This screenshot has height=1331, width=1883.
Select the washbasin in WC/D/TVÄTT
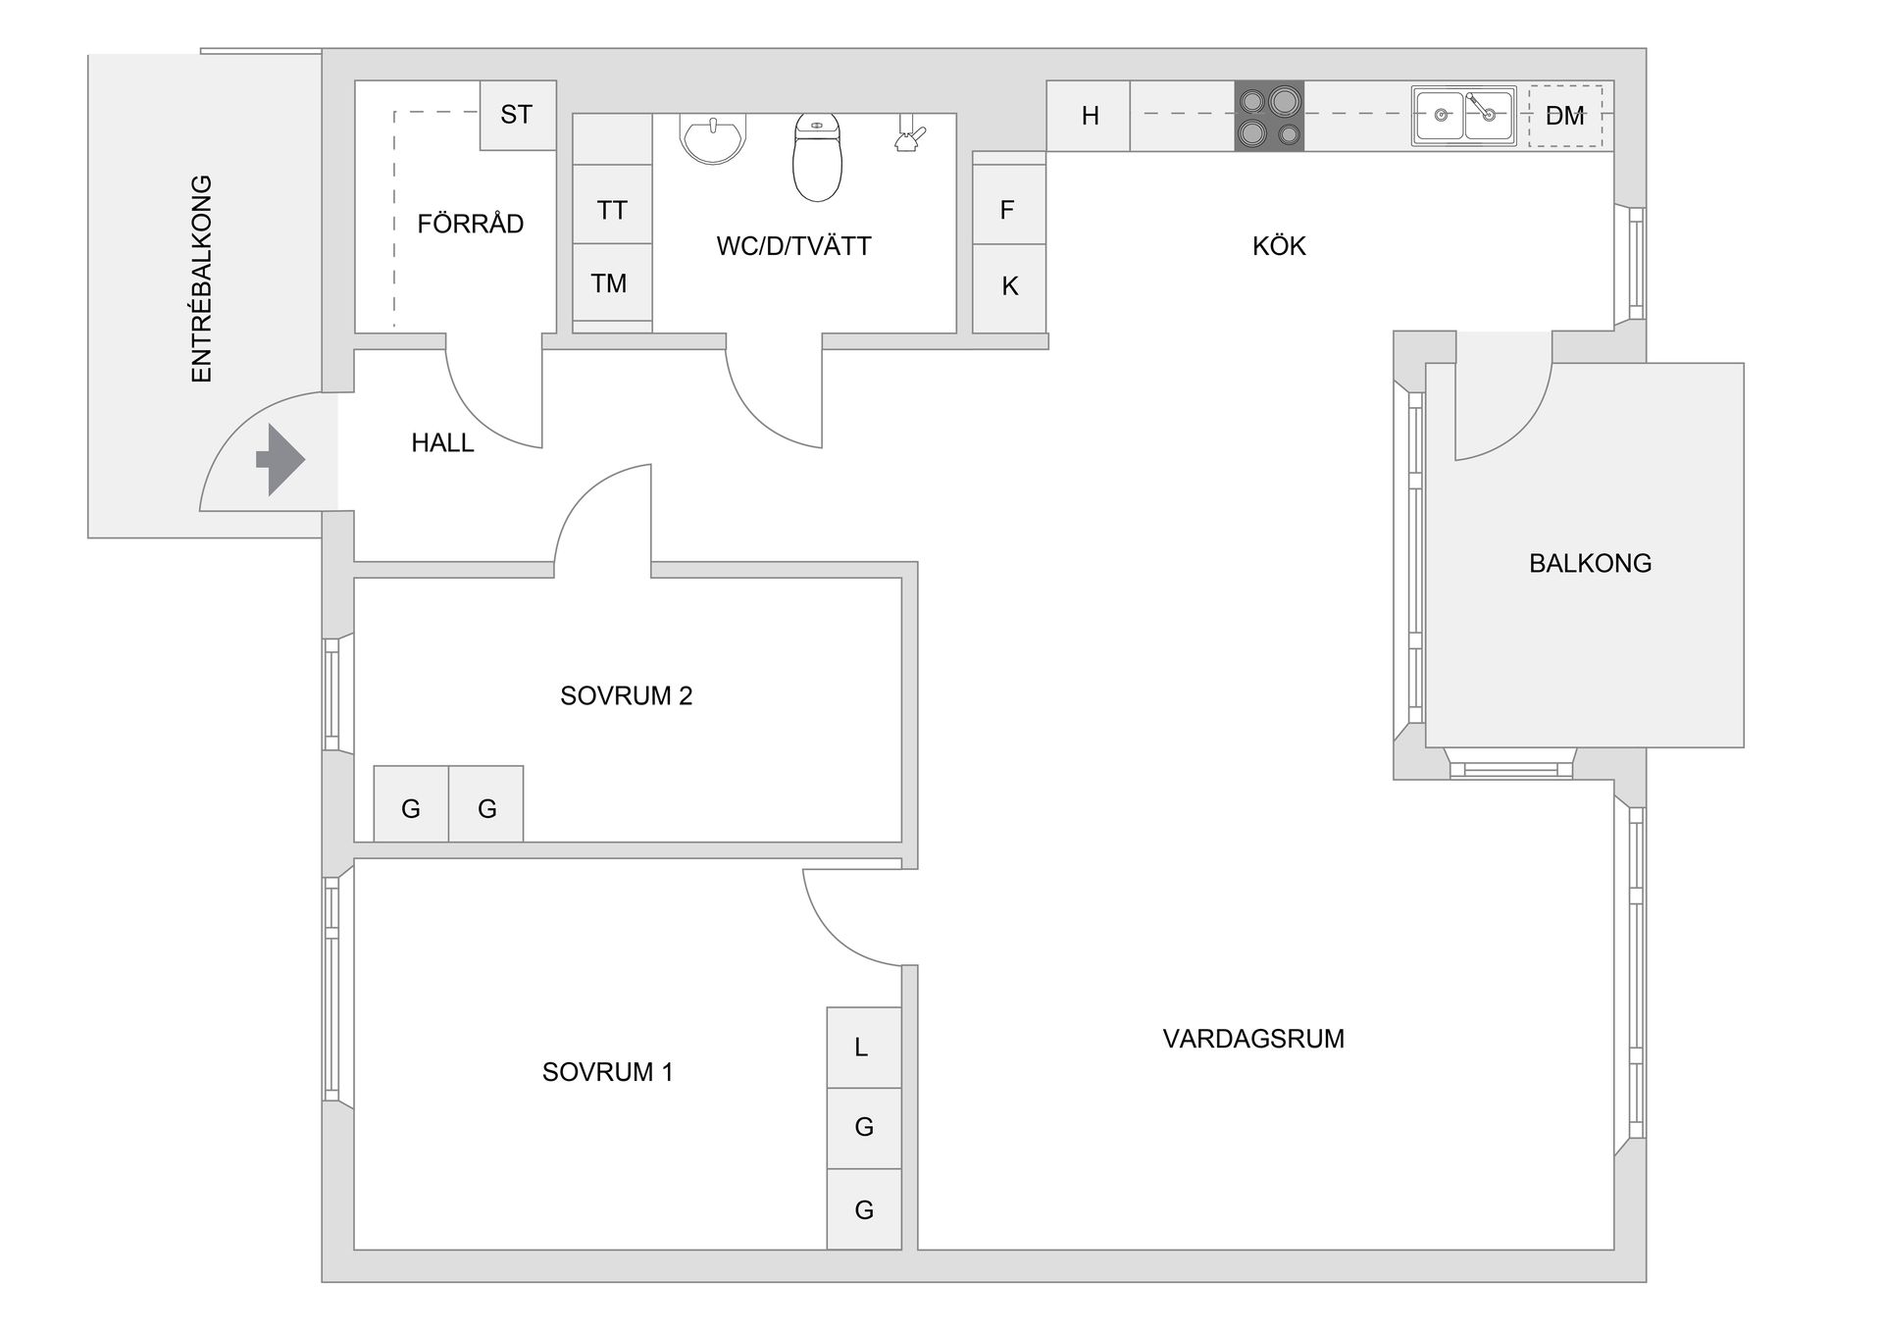click(713, 138)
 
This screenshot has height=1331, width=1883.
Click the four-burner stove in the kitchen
click(1269, 116)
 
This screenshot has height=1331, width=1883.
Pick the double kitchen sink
click(1463, 116)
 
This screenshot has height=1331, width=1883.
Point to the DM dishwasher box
click(1564, 116)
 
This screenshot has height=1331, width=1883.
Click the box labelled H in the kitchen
click(1089, 116)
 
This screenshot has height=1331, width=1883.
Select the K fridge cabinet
click(1008, 286)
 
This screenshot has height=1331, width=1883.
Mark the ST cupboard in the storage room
click(517, 115)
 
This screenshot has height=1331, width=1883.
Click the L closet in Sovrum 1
click(863, 1048)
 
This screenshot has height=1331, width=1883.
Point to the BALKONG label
click(1590, 563)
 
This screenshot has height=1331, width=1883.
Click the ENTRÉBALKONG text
click(201, 279)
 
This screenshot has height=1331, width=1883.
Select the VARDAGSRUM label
click(1252, 1039)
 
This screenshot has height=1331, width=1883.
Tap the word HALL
click(442, 443)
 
